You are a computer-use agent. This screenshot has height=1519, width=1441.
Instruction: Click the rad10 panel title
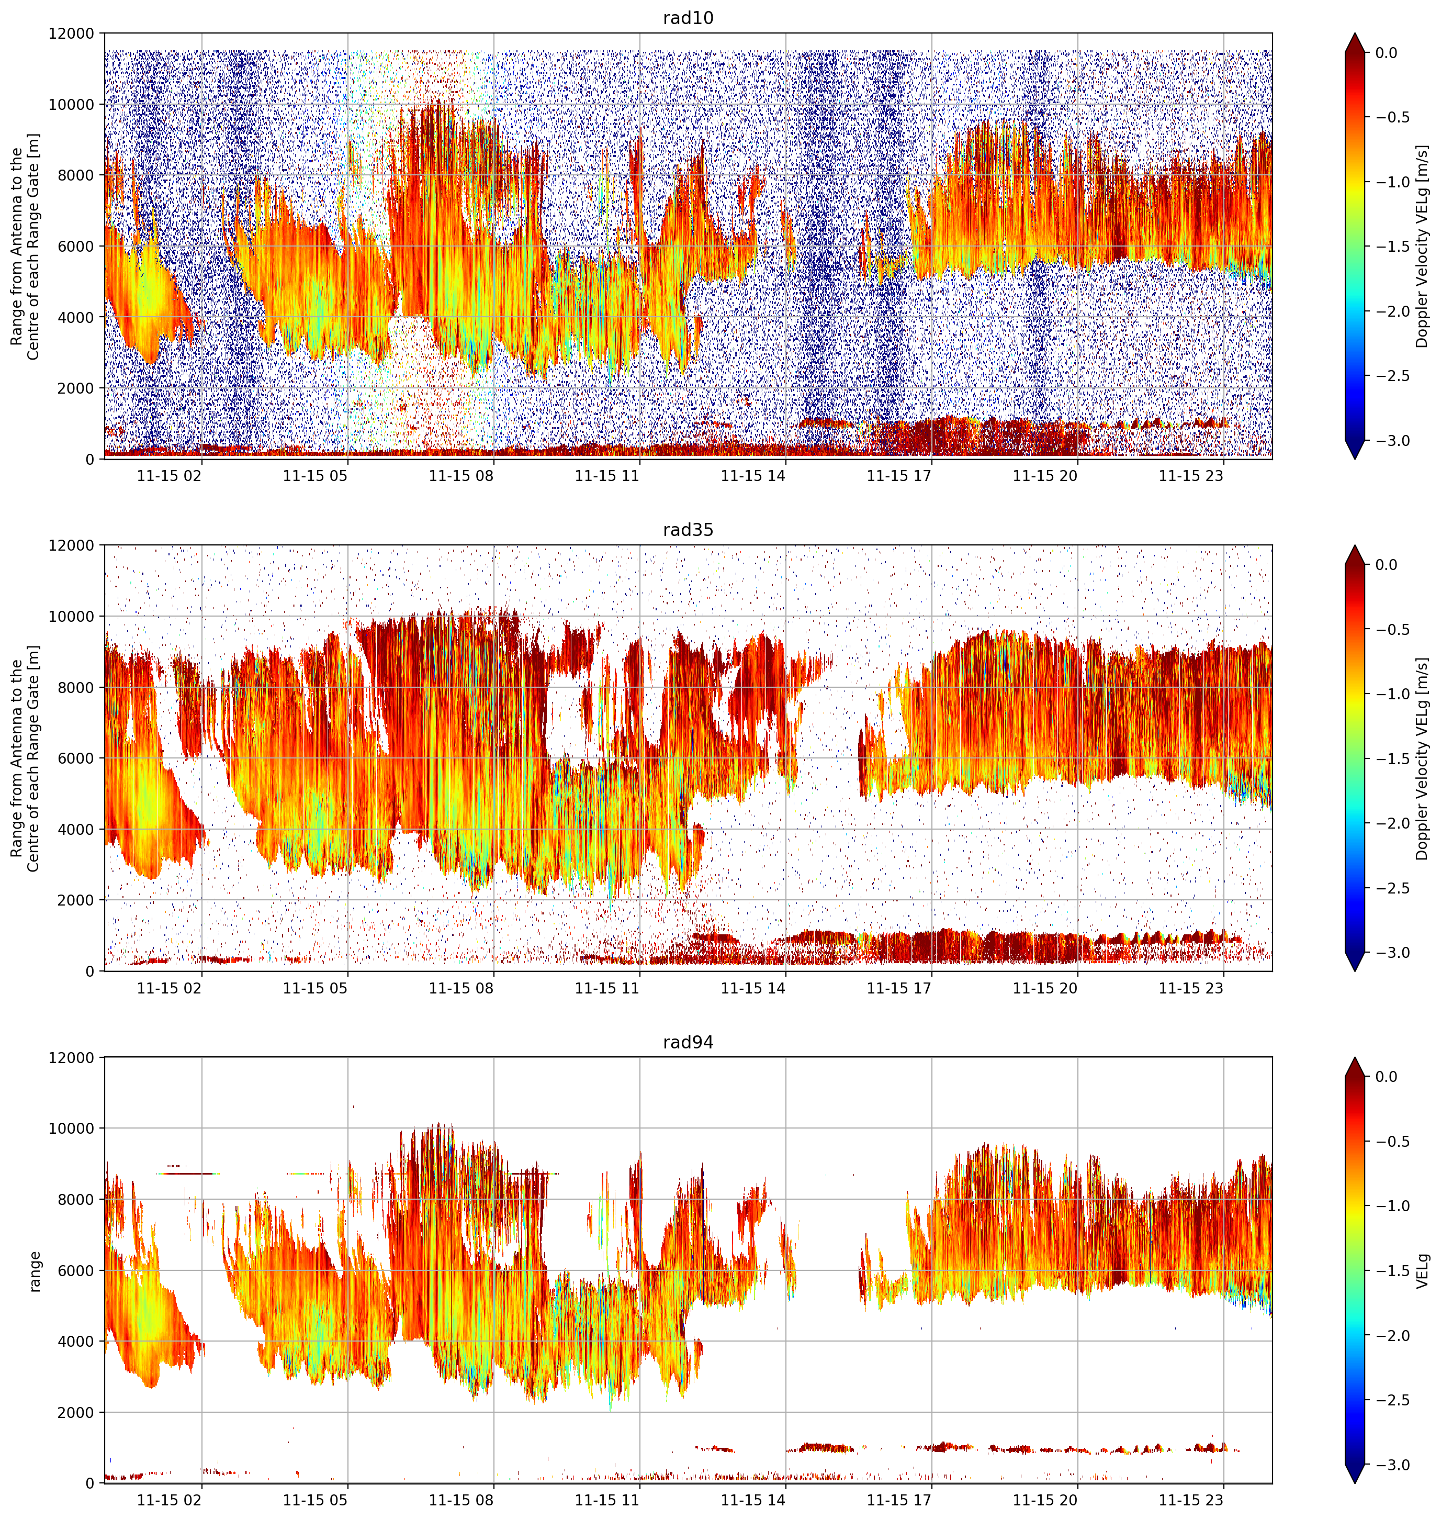[688, 18]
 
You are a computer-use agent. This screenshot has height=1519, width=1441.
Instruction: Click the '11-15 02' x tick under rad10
[169, 476]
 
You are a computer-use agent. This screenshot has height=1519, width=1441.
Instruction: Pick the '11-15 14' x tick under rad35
[753, 988]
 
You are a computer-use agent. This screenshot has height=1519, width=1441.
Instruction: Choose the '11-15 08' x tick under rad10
[461, 476]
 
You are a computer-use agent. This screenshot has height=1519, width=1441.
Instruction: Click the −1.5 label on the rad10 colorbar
[1391, 247]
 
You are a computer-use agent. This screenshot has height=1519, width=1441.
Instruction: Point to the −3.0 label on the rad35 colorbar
[1391, 953]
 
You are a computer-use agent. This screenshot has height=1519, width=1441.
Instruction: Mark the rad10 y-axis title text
[25, 246]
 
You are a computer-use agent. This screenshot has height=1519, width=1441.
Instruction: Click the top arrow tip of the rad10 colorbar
[1355, 33]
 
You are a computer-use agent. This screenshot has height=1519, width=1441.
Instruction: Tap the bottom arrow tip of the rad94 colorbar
[1355, 1483]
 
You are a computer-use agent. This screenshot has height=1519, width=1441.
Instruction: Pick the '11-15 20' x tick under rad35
[1045, 988]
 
